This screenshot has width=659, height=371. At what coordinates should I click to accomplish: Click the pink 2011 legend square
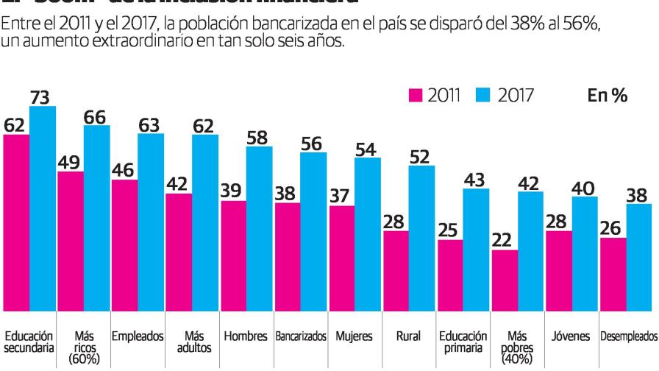click(415, 95)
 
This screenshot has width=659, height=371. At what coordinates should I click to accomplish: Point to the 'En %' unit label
click(607, 95)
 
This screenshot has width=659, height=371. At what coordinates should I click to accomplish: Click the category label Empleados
click(137, 336)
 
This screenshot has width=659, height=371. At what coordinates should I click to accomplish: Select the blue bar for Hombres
click(259, 228)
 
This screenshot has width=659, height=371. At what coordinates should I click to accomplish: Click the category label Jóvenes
click(571, 336)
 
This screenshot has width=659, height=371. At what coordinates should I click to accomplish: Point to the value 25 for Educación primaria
click(449, 230)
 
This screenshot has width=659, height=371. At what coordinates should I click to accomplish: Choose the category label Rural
click(408, 336)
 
